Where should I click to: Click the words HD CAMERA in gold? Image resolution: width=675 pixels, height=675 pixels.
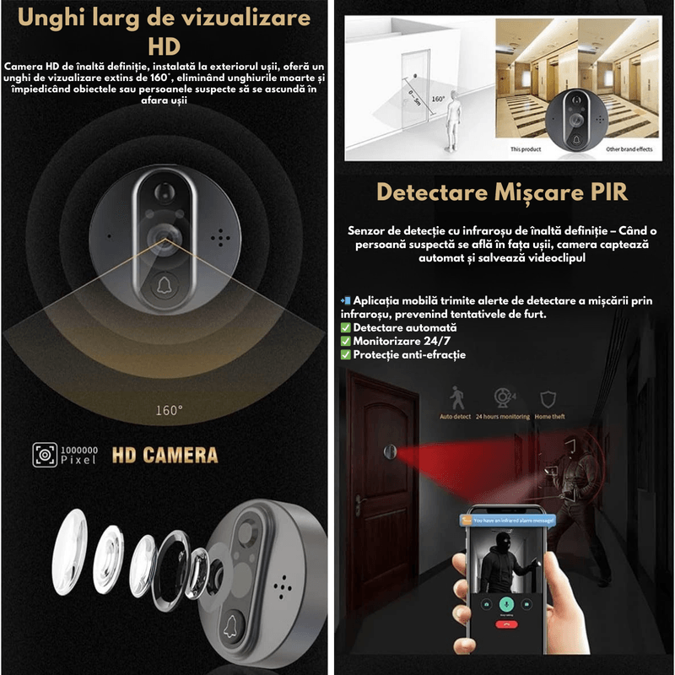165,456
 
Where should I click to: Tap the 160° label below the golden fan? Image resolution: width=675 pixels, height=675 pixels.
169,411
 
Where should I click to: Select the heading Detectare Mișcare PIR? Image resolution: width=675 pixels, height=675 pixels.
502,192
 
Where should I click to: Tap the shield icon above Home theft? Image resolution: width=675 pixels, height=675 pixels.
550,398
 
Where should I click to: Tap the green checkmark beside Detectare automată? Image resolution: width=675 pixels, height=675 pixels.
346,327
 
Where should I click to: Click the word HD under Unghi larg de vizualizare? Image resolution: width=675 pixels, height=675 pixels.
165,44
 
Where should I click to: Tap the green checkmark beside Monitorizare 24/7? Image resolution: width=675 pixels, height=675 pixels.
346,341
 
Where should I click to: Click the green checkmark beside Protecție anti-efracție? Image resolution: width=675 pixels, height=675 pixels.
346,354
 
